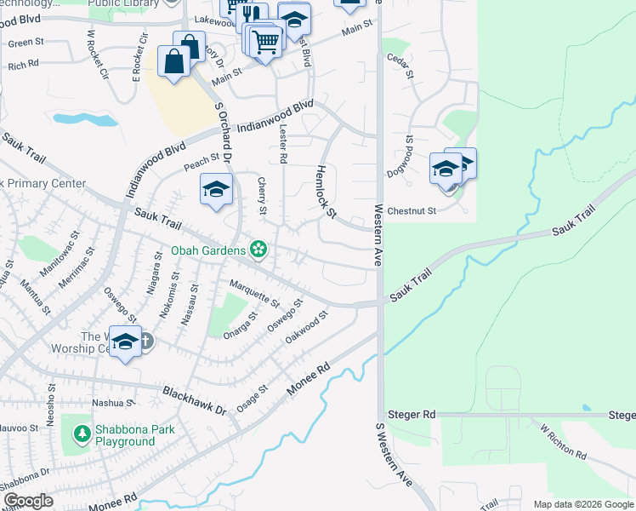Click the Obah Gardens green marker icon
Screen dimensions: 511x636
[258, 250]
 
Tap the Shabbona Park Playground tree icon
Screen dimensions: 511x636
[82, 435]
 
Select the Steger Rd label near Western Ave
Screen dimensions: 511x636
[411, 414]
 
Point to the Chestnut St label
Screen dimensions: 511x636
[411, 210]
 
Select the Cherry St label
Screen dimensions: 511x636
[262, 197]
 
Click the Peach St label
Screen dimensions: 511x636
[202, 158]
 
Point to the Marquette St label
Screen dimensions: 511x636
[254, 292]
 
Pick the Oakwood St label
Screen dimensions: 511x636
[307, 328]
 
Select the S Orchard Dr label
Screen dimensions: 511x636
[223, 128]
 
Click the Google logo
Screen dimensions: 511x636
[29, 502]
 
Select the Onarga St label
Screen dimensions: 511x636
[241, 326]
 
